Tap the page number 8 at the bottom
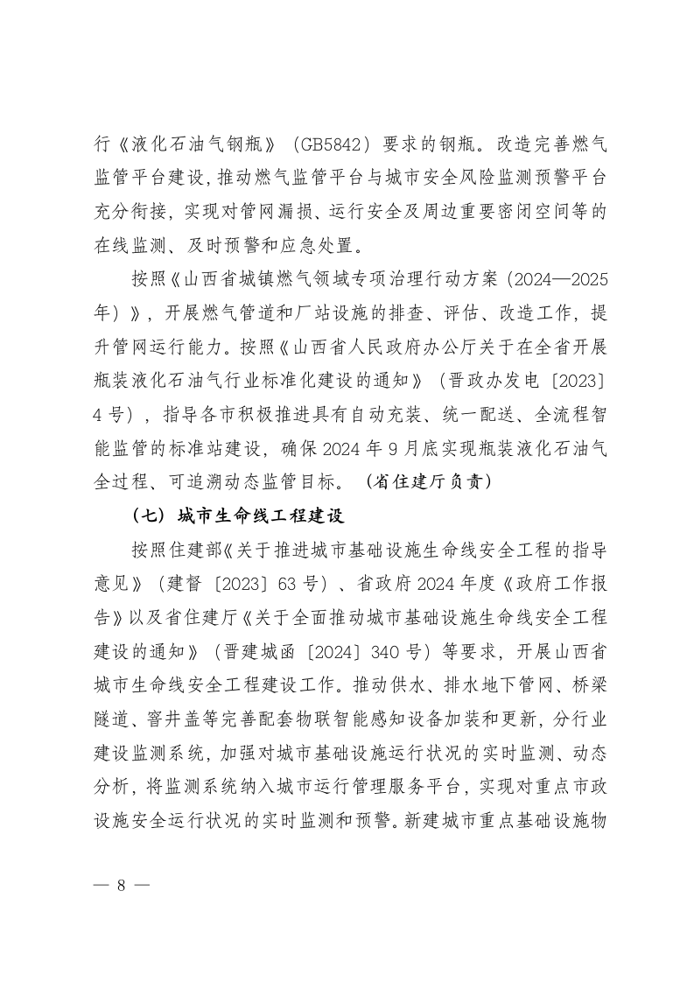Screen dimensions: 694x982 pos(122,884)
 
